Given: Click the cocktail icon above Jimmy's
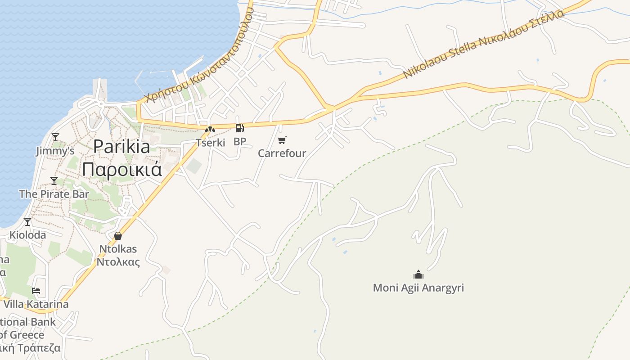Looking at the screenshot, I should (x=55, y=137).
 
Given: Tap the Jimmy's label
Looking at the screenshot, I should (x=55, y=151).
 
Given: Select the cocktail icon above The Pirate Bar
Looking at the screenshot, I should (x=54, y=181).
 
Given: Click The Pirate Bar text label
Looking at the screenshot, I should (x=54, y=194).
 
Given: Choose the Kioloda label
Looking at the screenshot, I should (x=27, y=235).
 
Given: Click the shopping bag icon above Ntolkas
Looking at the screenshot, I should (x=118, y=236).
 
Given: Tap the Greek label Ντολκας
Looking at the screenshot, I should (x=118, y=262).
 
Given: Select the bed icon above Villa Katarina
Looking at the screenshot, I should (x=36, y=291).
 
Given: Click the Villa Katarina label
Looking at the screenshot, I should (x=36, y=304).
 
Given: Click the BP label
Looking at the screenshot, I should (x=240, y=142).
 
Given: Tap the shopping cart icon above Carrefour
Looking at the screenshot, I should (x=282, y=140).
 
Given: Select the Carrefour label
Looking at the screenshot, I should (x=282, y=153).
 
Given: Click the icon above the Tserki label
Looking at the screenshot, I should (x=210, y=130).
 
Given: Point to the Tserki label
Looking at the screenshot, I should (x=210, y=143).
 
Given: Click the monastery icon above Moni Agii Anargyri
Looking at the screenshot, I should (x=418, y=274).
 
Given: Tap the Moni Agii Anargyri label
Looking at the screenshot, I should (x=418, y=288).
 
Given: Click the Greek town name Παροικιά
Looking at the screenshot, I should (x=122, y=170).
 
